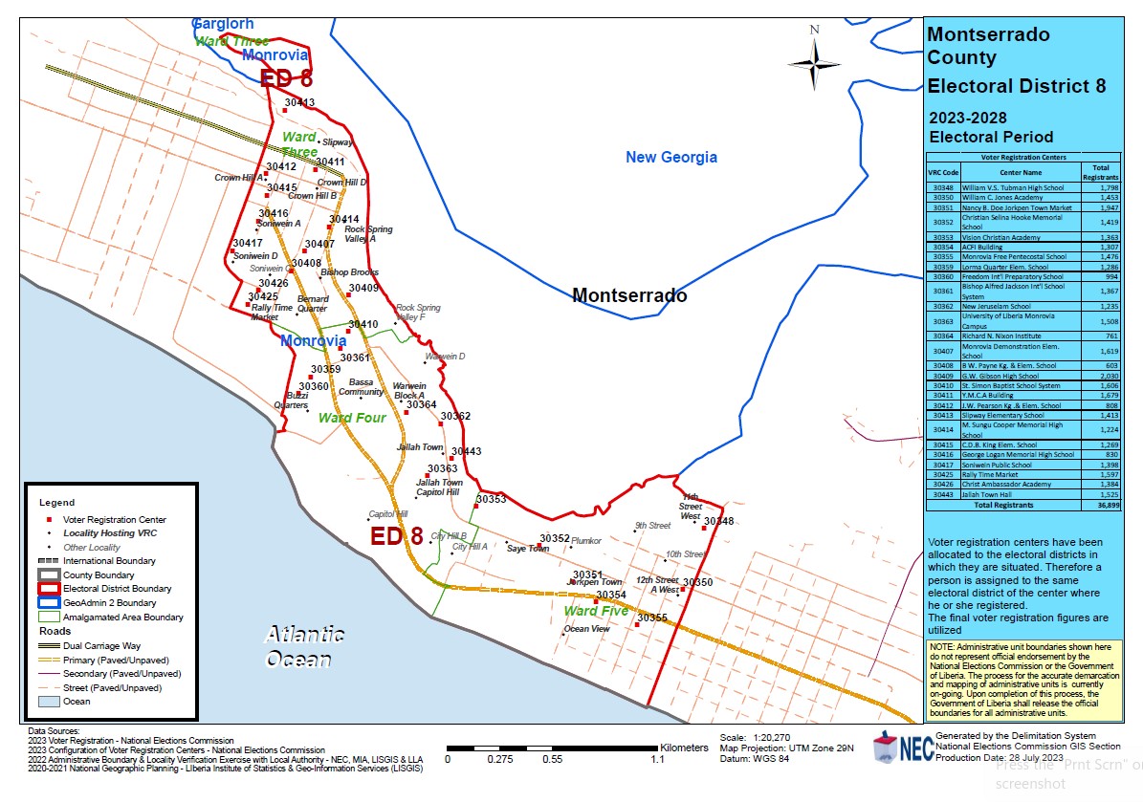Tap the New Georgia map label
670,157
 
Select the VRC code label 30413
299,102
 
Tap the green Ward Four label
352,418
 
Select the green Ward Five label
596,610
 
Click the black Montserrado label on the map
628,295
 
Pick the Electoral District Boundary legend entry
117,589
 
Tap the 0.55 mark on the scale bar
552,759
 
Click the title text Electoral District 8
1017,86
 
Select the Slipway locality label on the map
338,141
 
